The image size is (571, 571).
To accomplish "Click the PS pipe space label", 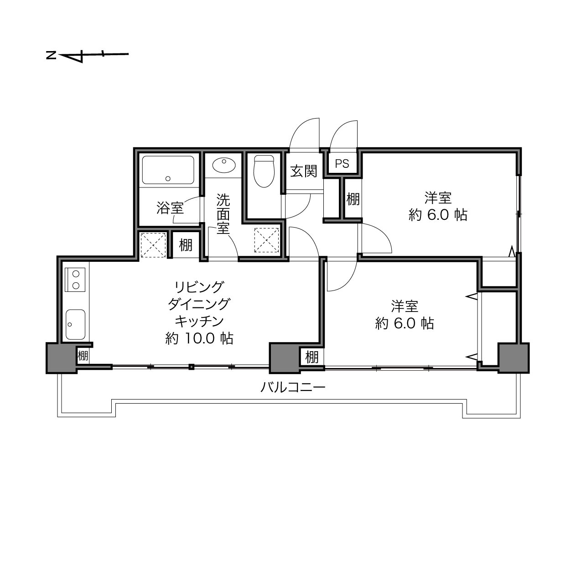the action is (x=342, y=163).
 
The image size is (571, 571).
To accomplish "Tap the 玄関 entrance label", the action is (x=303, y=171).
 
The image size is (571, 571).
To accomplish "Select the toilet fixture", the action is (x=264, y=171).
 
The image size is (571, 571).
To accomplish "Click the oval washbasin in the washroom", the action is (x=224, y=165).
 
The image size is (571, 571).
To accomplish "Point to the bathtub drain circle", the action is (x=168, y=178).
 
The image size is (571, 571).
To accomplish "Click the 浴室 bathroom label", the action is (x=170, y=208).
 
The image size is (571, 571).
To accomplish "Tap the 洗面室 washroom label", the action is (x=223, y=214).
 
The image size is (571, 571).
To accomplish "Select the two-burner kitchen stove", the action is (x=75, y=280).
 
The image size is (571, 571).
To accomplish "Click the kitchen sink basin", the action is (x=75, y=324).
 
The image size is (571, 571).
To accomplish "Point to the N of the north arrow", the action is (x=51, y=55).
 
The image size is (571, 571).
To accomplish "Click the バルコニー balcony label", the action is (x=293, y=387).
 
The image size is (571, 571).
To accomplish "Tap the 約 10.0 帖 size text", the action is (x=199, y=338).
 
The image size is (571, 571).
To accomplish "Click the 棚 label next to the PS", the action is (x=353, y=199).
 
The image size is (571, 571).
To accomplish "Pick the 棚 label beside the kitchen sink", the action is (x=83, y=355).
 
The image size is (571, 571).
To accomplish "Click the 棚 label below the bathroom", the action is (x=186, y=245).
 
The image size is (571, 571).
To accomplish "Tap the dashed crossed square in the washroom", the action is (x=267, y=240).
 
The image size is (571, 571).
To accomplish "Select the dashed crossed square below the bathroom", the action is (x=153, y=245).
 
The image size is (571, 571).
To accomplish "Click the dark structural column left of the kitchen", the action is (x=61, y=358).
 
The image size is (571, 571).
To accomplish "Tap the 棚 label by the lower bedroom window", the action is (x=312, y=357).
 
